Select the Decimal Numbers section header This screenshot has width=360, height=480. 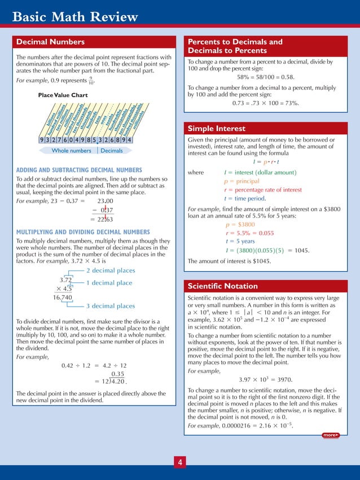coord(51,42)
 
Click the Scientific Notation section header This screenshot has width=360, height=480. coord(222,286)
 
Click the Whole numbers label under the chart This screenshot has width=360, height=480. coord(71,151)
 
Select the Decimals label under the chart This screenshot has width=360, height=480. coord(112,151)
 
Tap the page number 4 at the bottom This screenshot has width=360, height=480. coord(179,463)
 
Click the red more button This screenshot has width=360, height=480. coord(330,435)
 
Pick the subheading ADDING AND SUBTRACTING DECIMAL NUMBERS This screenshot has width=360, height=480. coord(79,170)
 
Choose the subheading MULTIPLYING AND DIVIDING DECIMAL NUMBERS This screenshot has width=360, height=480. coord(83,232)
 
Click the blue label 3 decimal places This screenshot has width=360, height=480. coord(111,306)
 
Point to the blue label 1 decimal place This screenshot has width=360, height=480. coord(109,283)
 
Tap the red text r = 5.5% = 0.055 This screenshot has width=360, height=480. coord(249,233)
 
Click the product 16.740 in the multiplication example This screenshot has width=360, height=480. coord(63,297)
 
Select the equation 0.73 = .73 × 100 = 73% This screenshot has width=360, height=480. coord(266,103)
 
